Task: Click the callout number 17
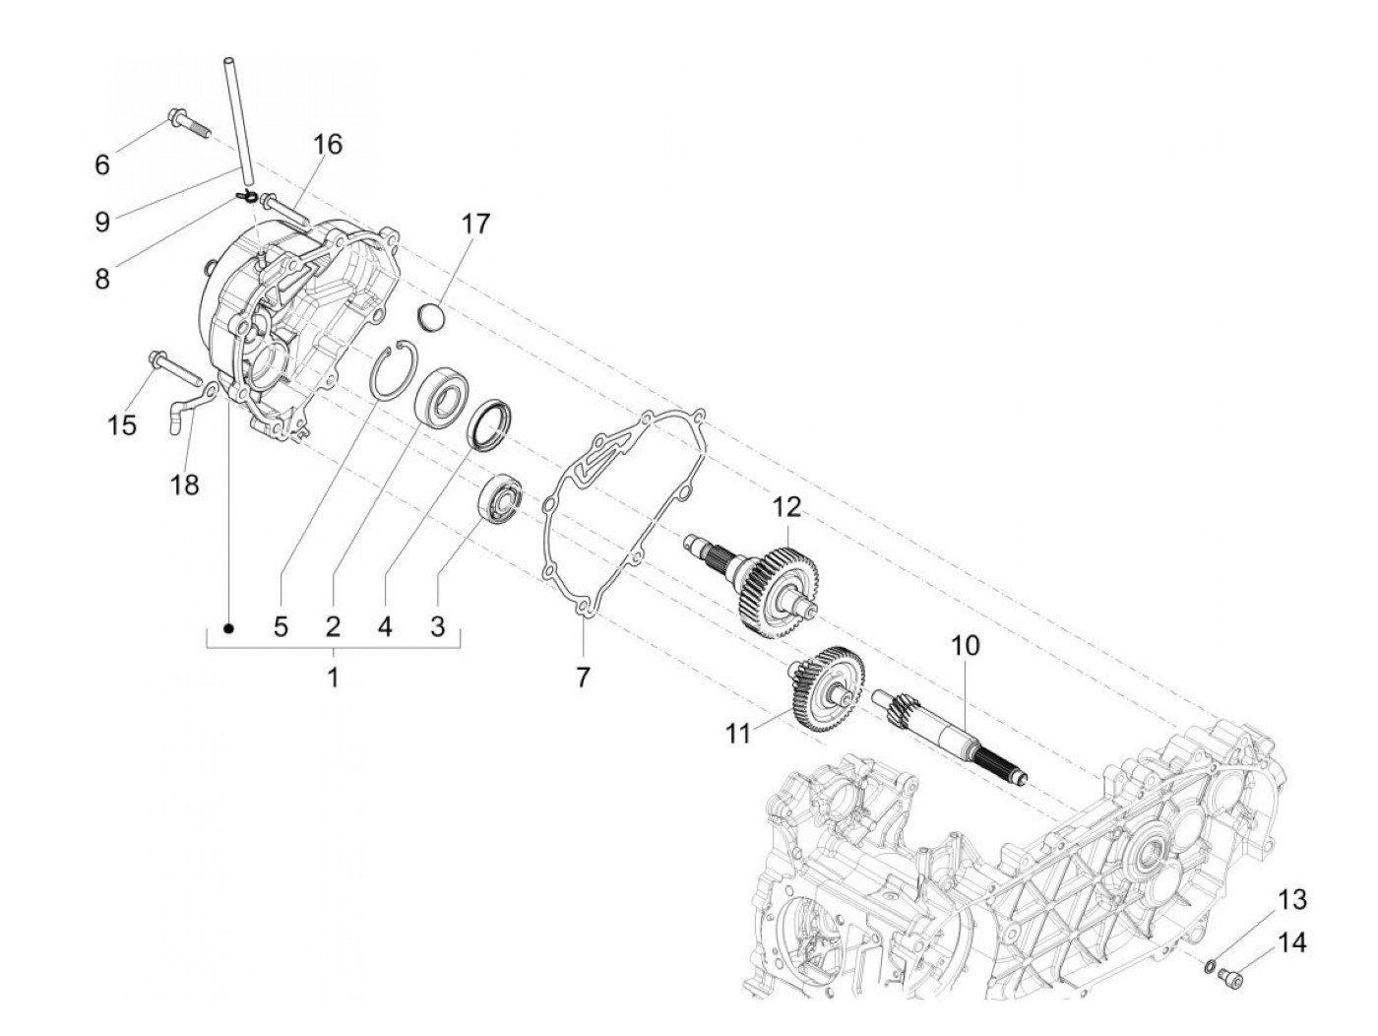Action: tap(475, 225)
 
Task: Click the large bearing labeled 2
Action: tap(441, 398)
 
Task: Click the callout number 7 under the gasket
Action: tap(583, 677)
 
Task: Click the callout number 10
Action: tap(965, 645)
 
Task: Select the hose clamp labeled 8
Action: tap(246, 197)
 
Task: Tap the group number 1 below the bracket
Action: tap(334, 677)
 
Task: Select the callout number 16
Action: tap(327, 145)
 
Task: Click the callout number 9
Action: tap(102, 222)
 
